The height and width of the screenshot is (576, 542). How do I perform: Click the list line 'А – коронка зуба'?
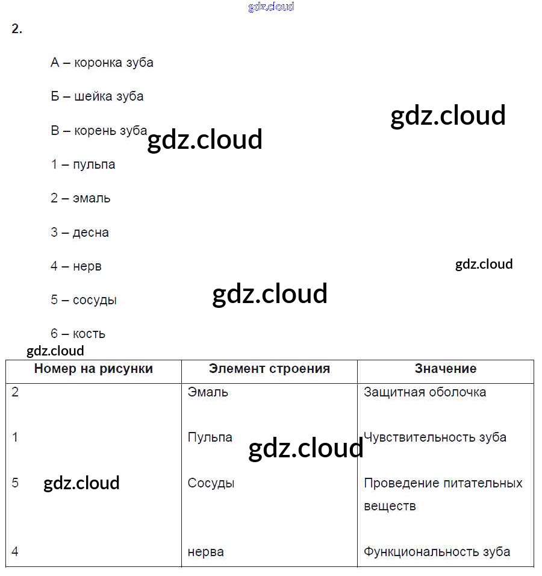(x=102, y=63)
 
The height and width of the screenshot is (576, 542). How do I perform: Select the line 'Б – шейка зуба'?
(x=97, y=96)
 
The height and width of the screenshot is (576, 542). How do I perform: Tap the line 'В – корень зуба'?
(x=99, y=131)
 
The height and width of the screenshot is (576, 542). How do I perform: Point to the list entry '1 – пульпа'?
(x=83, y=164)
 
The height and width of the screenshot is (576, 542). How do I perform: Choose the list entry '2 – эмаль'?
(x=80, y=198)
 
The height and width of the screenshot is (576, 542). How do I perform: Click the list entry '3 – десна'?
(x=79, y=233)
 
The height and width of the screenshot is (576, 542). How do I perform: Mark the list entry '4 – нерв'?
(x=76, y=266)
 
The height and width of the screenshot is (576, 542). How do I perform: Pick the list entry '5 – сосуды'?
(x=83, y=300)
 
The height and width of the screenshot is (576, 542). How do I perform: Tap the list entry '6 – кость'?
(x=78, y=334)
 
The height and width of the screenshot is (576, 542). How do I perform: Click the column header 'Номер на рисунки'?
(x=93, y=369)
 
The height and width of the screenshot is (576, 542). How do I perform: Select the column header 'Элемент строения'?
(x=269, y=369)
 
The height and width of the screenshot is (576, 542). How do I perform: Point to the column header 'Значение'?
(x=446, y=369)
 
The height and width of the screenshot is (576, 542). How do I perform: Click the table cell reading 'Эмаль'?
(x=208, y=392)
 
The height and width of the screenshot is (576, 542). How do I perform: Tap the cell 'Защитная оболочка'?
(x=425, y=392)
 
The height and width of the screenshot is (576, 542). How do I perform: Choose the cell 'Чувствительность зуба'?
(x=435, y=437)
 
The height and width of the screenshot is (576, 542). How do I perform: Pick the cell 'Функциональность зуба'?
(x=437, y=551)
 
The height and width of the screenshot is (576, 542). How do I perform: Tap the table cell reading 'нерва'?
(x=205, y=551)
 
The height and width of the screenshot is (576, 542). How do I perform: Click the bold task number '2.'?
(x=17, y=29)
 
